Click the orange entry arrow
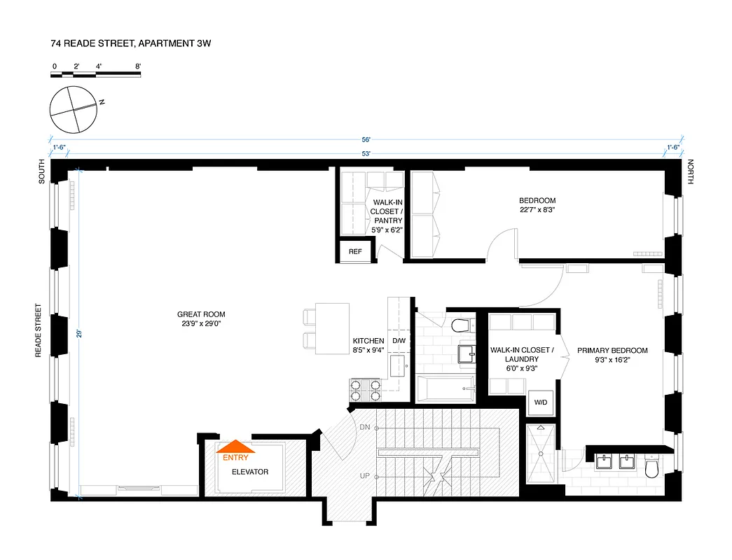[x=237, y=445]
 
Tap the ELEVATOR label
[x=250, y=472]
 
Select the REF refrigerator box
[x=355, y=251]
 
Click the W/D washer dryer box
[x=541, y=403]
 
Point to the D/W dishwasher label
[x=399, y=341]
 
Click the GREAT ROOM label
[x=201, y=319]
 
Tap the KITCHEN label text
[x=368, y=341]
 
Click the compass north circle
[x=72, y=111]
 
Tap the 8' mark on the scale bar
[x=139, y=66]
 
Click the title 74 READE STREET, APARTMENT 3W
[x=131, y=43]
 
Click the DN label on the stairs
[x=364, y=427]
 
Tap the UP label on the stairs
[x=364, y=476]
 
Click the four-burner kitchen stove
[x=365, y=390]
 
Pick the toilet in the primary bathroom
[x=652, y=467]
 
